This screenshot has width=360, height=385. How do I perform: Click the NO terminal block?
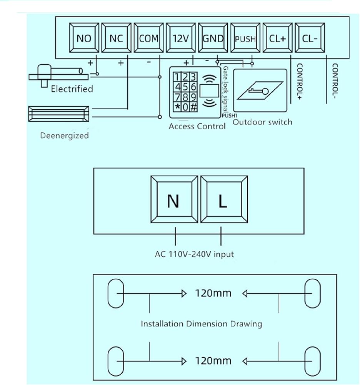point(84,38)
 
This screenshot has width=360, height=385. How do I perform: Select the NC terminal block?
point(116,38)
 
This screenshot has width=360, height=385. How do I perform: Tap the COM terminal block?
point(149,38)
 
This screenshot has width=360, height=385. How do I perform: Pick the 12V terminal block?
point(181,38)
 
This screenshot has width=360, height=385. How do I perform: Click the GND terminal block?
point(213,38)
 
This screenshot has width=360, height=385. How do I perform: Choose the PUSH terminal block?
point(245,38)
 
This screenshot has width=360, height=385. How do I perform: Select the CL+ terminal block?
point(277,38)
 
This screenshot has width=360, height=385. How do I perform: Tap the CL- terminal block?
point(310,38)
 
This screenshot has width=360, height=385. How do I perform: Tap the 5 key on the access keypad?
point(185,87)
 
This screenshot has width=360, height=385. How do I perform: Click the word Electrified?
point(72,89)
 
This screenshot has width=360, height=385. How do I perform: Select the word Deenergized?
point(64,136)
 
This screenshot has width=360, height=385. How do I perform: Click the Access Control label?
point(197,126)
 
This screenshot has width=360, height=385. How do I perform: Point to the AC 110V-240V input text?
point(194,254)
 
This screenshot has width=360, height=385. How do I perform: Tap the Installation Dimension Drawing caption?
point(201,324)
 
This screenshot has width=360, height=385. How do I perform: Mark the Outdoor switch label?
point(262,122)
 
